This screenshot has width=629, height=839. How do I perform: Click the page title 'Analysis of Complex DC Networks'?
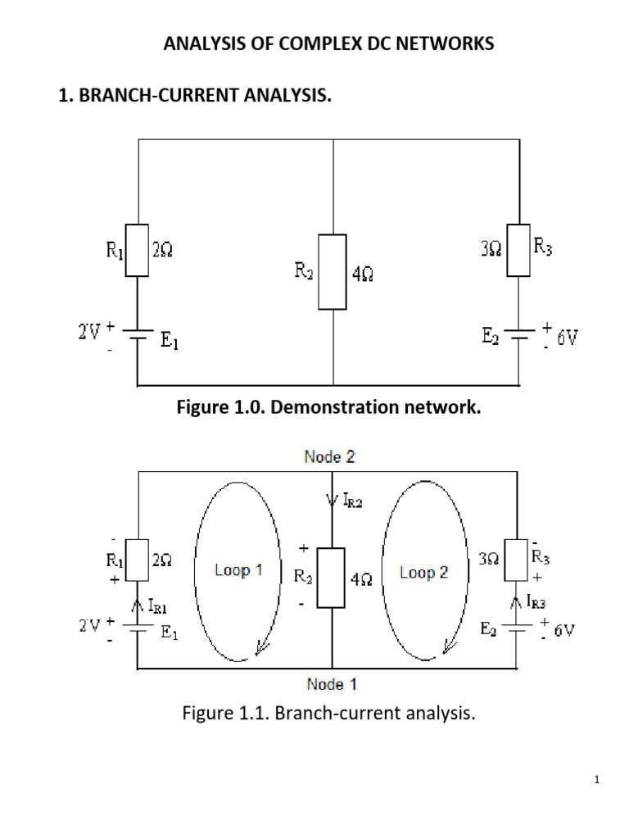point(328,44)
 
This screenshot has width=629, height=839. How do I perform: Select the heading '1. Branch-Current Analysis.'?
point(195,97)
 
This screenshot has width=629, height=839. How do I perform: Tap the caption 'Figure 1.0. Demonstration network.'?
point(329,407)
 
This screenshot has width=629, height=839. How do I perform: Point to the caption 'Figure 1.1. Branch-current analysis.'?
point(328,713)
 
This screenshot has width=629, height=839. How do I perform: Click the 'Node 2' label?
point(329,457)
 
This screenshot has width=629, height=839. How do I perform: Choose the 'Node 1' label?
point(331,683)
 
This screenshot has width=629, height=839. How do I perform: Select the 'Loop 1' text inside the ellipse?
point(238,570)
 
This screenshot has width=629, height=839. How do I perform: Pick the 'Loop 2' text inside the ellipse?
point(423,573)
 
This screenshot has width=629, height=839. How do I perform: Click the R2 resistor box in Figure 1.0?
point(333,271)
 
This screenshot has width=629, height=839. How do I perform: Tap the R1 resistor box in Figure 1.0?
point(137,250)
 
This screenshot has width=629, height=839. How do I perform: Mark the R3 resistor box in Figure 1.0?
point(518,250)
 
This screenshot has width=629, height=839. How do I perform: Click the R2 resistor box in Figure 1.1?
point(332,578)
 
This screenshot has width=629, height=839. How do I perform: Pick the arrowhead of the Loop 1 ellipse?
point(261,648)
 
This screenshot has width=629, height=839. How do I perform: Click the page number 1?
point(598,780)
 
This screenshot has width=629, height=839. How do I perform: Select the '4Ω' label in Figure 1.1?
point(362,578)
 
